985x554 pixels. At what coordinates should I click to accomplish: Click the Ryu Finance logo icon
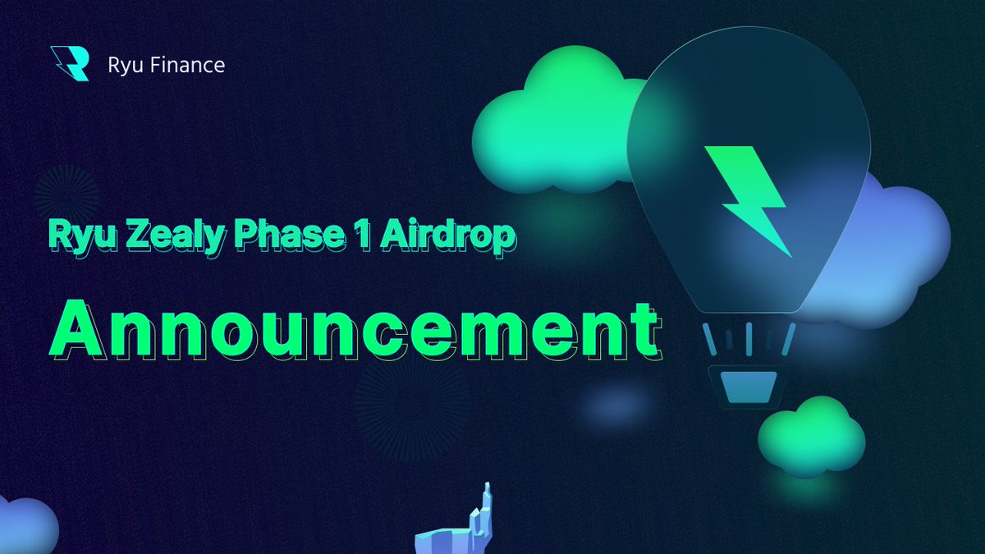(70, 64)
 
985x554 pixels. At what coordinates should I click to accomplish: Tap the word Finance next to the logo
(186, 65)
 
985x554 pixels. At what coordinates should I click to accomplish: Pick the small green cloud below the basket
(809, 434)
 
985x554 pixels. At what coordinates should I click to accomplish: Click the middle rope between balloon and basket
(749, 337)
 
